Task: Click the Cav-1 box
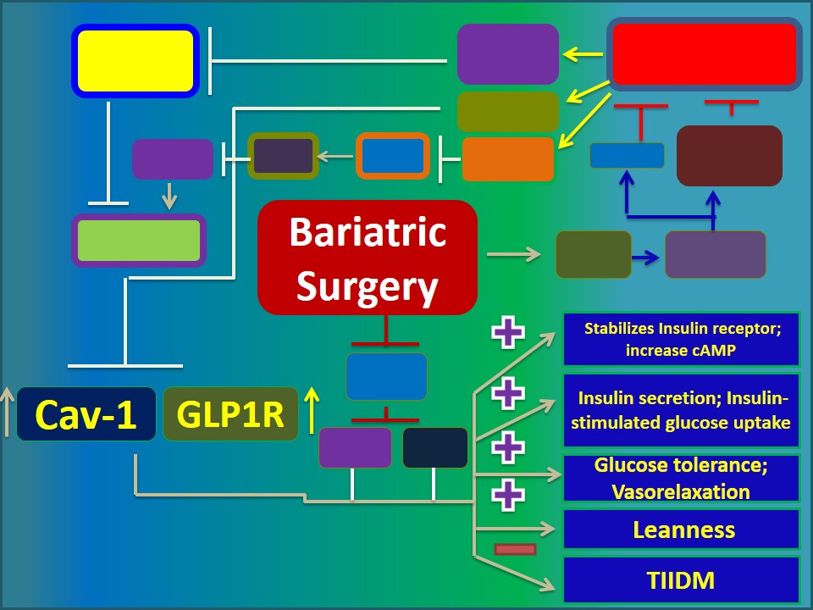[x=86, y=414]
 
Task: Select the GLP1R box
[x=230, y=414]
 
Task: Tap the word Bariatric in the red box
[x=368, y=231]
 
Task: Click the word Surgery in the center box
[x=368, y=286]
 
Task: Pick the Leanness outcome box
[x=683, y=530]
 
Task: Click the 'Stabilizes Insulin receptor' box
[x=683, y=339]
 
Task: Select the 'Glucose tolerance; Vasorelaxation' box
[x=683, y=478]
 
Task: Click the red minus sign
[x=515, y=549]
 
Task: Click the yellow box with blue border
[x=135, y=60]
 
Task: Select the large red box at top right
[x=705, y=53]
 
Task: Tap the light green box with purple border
[x=139, y=241]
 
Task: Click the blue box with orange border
[x=392, y=156]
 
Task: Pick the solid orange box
[x=508, y=159]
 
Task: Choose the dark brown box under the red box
[x=729, y=156]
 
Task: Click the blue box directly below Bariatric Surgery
[x=386, y=376]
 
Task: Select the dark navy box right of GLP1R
[x=435, y=447]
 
